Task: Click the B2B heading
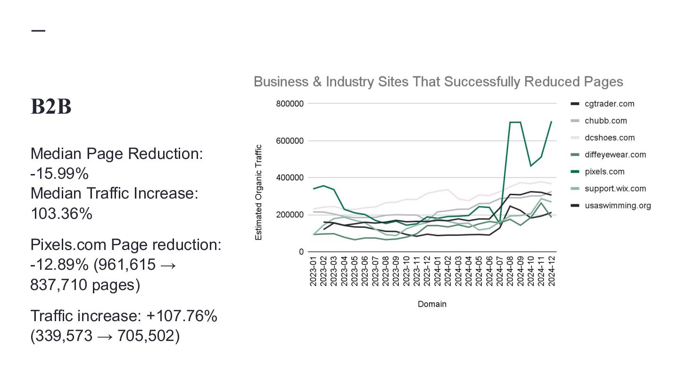(x=51, y=107)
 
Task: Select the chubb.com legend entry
(x=605, y=121)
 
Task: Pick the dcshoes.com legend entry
(x=609, y=138)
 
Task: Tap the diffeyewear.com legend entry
(x=615, y=155)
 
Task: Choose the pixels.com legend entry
(x=604, y=172)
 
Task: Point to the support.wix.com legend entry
(x=615, y=189)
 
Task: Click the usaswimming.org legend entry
(x=617, y=206)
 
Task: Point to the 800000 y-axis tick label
(x=290, y=104)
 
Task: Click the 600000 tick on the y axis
(x=290, y=141)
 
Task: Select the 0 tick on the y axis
(x=301, y=252)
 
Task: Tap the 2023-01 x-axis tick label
(x=314, y=271)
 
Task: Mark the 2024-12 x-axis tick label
(x=551, y=271)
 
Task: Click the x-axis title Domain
(x=432, y=304)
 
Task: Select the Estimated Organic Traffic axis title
(x=258, y=192)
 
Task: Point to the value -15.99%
(x=59, y=174)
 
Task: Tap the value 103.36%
(x=61, y=214)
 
